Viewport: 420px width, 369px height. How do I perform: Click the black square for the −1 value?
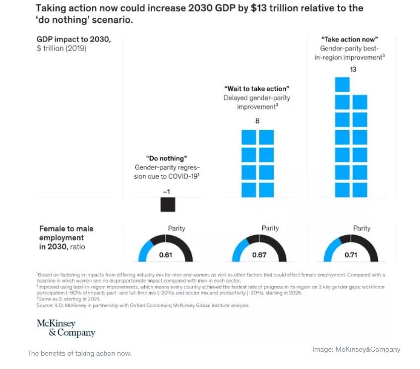point(168,204)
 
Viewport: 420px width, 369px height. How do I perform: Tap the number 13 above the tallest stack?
point(353,70)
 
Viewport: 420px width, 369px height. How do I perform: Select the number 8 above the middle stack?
point(257,120)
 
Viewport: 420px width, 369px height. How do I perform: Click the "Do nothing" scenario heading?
point(166,158)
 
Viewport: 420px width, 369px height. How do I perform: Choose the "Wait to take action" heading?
point(257,89)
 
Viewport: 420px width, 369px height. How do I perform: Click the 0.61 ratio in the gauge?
point(165,255)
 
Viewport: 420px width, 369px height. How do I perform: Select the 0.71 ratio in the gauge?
point(351,255)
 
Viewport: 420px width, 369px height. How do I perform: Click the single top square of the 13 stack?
point(342,84)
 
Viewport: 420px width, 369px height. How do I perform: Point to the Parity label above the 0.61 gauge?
point(177,228)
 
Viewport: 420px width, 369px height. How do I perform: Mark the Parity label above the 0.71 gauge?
point(361,228)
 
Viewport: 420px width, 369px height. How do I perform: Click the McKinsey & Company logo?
point(65,328)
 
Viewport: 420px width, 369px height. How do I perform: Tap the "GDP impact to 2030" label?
point(73,40)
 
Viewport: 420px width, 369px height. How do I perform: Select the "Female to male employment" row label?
point(66,233)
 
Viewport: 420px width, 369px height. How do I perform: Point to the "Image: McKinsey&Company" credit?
point(356,349)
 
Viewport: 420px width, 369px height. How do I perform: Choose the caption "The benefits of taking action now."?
point(79,353)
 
